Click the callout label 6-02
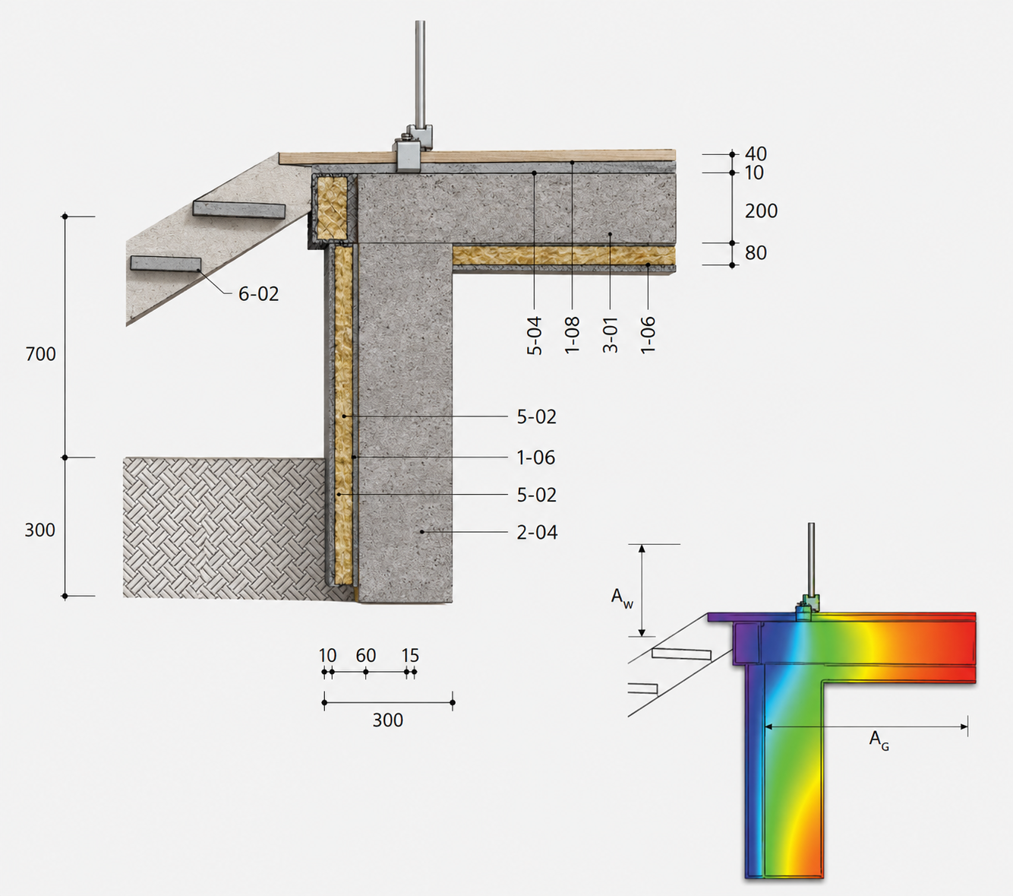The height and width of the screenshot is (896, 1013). [x=258, y=294]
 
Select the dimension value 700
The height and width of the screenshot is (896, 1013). [x=40, y=354]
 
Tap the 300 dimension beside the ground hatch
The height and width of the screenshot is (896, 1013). [x=40, y=530]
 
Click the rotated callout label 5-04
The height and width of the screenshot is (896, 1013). [x=535, y=335]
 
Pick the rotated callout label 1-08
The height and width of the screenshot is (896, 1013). [x=572, y=335]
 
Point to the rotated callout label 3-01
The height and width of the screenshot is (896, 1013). [x=611, y=335]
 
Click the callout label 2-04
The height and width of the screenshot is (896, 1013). [x=537, y=532]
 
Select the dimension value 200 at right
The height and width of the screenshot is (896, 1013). [x=761, y=211]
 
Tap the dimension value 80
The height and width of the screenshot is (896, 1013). [x=756, y=253]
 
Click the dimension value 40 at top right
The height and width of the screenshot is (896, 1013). [x=756, y=154]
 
